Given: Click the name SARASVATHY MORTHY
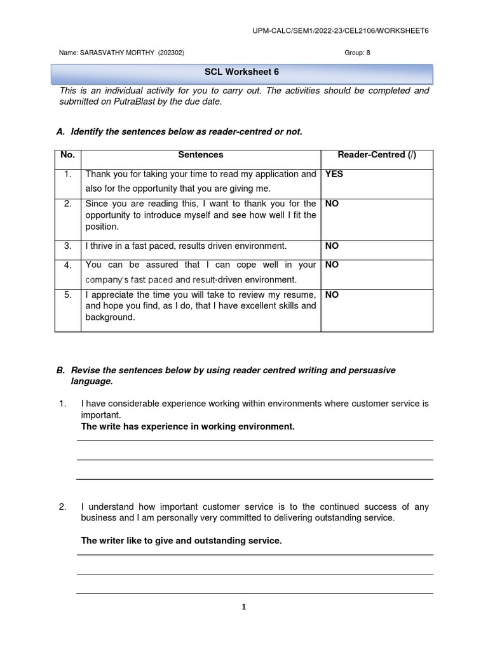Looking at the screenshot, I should [x=118, y=53].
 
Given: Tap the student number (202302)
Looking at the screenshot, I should [x=171, y=53].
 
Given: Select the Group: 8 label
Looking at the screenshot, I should [x=357, y=53].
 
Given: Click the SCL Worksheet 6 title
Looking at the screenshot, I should [x=241, y=72].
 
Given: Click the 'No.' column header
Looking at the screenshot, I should [x=67, y=155].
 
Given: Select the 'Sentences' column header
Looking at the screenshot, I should [x=200, y=155].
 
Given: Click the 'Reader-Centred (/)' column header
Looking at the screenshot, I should [x=377, y=155].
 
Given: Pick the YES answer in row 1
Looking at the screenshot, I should [x=334, y=174].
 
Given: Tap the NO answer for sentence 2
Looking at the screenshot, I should [x=332, y=204].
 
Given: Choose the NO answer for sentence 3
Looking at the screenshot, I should [x=332, y=246].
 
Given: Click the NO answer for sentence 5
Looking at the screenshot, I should [x=332, y=295].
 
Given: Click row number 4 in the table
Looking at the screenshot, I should [x=67, y=265].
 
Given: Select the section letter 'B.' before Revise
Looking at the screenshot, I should [x=61, y=371].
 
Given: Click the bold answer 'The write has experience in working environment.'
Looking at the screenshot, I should [x=188, y=427].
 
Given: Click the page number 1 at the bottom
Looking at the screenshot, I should [x=243, y=607].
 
